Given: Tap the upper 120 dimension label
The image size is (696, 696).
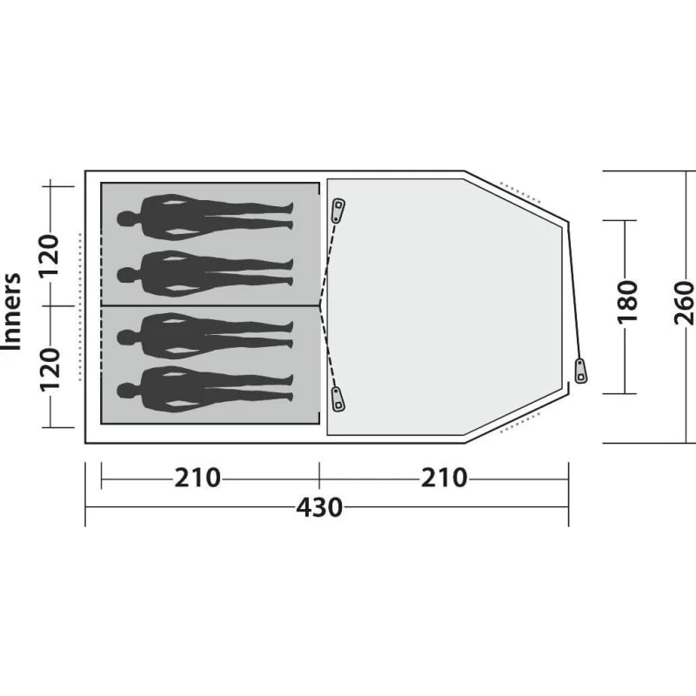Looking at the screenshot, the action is tap(50, 255).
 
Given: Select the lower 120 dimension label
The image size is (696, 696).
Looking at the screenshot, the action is tap(50, 369).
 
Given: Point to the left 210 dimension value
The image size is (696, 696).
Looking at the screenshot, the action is tap(197, 478).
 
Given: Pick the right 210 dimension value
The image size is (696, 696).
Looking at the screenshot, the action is tap(444, 478).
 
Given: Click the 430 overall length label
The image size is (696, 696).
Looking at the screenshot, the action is tap(319, 507).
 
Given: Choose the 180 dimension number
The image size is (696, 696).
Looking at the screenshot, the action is tap(627, 302).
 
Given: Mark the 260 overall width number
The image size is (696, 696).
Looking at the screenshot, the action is tap(684, 302).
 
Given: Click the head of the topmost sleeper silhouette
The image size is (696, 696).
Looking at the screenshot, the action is tap(126, 219).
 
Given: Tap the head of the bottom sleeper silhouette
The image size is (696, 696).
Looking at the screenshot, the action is tap(126, 391).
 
